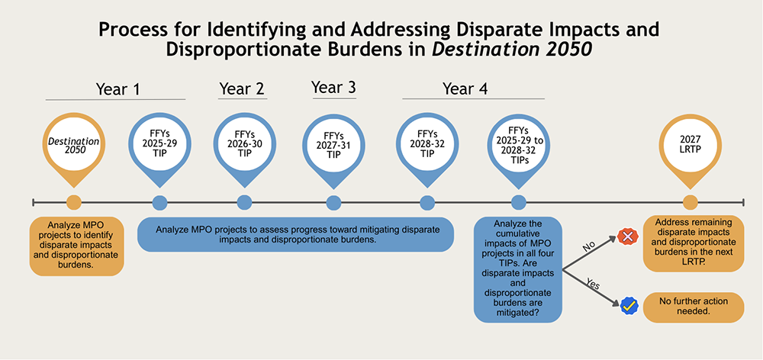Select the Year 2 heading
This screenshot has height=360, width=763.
point(242,88)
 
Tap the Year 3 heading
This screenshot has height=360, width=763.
point(333,88)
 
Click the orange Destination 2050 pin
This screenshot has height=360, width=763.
point(74,142)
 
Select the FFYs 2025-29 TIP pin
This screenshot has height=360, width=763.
point(159,142)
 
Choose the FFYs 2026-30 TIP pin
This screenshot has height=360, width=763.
point(244,142)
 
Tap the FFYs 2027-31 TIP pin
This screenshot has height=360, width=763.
point(333,143)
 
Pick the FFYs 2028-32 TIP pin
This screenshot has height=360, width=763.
point(427,142)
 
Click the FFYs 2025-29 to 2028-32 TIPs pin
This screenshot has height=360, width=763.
point(519,142)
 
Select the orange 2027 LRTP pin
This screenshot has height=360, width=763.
point(691,142)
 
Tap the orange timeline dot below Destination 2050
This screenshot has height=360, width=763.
point(74,202)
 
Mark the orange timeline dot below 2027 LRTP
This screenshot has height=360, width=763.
point(691,202)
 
